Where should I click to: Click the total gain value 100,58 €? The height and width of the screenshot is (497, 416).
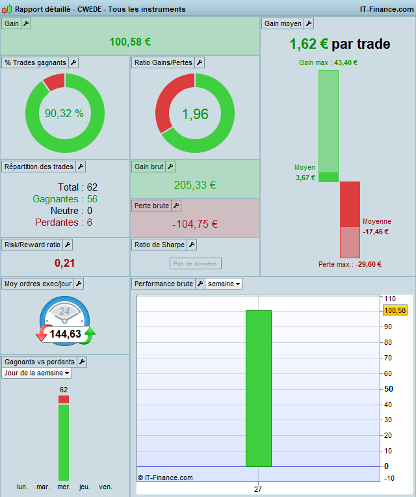130,42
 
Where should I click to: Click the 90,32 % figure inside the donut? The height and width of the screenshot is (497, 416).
64,113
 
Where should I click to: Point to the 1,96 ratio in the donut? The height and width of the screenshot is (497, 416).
195,114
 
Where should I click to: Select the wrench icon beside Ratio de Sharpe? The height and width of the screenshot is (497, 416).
192,245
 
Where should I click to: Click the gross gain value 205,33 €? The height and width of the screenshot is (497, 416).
195,185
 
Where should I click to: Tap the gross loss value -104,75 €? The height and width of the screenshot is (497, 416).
195,224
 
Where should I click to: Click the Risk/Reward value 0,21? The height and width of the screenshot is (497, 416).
65,263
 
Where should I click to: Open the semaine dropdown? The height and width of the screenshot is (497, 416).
225,284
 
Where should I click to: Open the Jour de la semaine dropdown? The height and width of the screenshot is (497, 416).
37,373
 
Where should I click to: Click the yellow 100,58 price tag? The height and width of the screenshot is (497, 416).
395,310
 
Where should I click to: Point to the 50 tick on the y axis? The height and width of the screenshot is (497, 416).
389,389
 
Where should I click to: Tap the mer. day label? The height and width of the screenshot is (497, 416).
64,487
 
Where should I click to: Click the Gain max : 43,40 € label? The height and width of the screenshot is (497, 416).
328,62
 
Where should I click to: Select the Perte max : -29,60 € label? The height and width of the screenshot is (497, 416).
350,264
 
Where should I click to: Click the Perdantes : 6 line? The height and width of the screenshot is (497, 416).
64,222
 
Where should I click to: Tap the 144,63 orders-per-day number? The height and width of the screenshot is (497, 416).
65,334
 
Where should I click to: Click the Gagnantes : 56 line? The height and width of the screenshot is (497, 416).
64,199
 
